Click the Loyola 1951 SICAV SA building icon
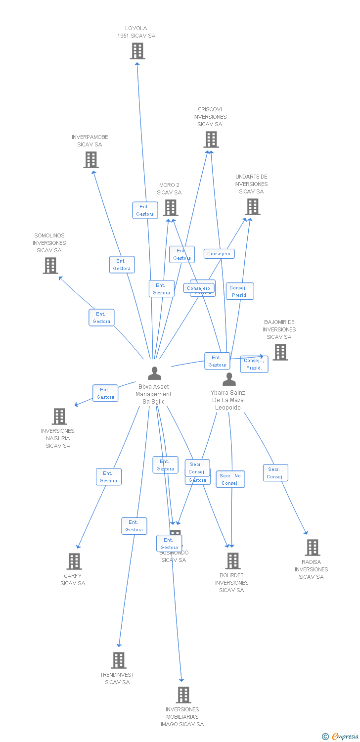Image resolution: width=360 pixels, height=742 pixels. click(137, 51)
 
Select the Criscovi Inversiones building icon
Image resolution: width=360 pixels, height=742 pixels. click(211, 139)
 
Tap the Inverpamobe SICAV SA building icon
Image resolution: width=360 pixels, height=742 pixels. click(90, 160)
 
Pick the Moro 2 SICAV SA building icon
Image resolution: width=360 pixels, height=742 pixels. click(170, 208)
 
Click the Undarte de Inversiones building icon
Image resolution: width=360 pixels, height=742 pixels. click(252, 207)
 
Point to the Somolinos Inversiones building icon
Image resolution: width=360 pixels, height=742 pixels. click(50, 266)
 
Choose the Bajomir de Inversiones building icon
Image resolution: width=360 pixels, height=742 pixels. click(280, 352)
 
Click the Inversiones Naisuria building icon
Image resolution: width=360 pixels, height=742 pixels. click(59, 417)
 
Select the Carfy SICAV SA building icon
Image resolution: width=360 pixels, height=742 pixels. click(74, 561)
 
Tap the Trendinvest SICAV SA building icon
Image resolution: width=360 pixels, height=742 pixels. click(118, 660)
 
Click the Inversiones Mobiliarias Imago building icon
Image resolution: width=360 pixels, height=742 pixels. click(183, 695)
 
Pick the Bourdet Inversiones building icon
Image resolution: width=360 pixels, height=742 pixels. click(232, 561)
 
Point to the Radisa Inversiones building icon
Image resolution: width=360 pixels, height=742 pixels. click(312, 548)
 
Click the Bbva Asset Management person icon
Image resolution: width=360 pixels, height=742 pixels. click(154, 373)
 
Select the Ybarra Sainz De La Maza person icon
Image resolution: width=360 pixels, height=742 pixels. click(228, 379)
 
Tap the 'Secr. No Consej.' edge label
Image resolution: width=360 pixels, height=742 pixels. click(230, 479)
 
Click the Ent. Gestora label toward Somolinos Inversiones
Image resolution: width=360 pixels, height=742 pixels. click(101, 318)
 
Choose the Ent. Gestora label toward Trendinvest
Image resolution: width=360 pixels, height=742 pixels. click(134, 526)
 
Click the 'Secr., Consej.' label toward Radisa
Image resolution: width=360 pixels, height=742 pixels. click(275, 473)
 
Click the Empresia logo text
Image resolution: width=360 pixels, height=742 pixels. click(345, 737)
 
